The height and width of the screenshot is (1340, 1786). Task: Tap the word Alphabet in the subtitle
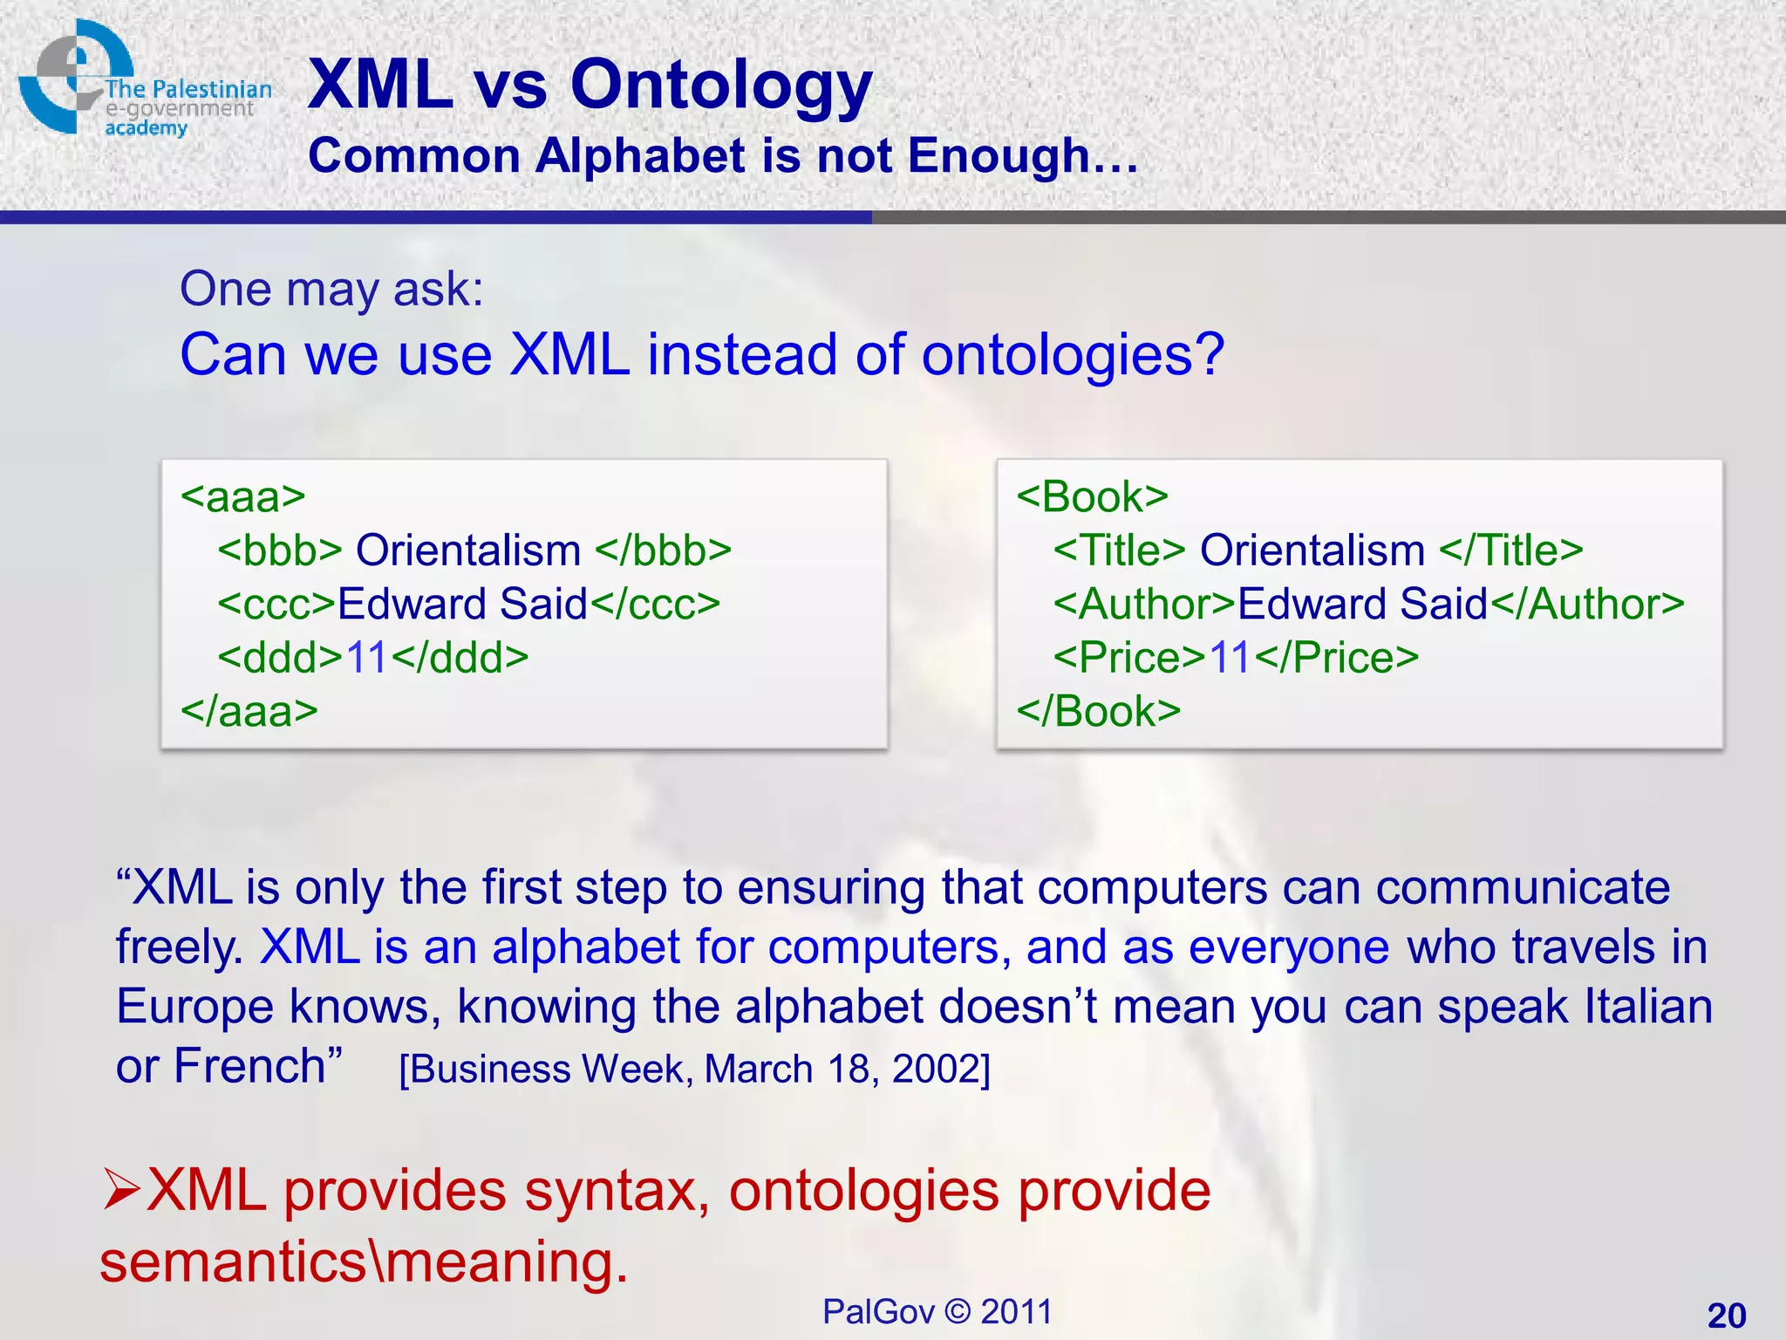click(x=641, y=157)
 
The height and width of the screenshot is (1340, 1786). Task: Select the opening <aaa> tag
click(x=242, y=497)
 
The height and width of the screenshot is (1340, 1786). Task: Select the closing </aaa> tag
click(x=249, y=712)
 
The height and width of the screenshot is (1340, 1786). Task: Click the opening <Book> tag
click(x=1092, y=497)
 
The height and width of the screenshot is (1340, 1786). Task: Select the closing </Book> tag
click(x=1098, y=712)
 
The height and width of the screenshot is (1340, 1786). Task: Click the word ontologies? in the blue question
click(x=1073, y=356)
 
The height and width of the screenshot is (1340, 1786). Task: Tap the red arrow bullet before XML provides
click(x=120, y=1191)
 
